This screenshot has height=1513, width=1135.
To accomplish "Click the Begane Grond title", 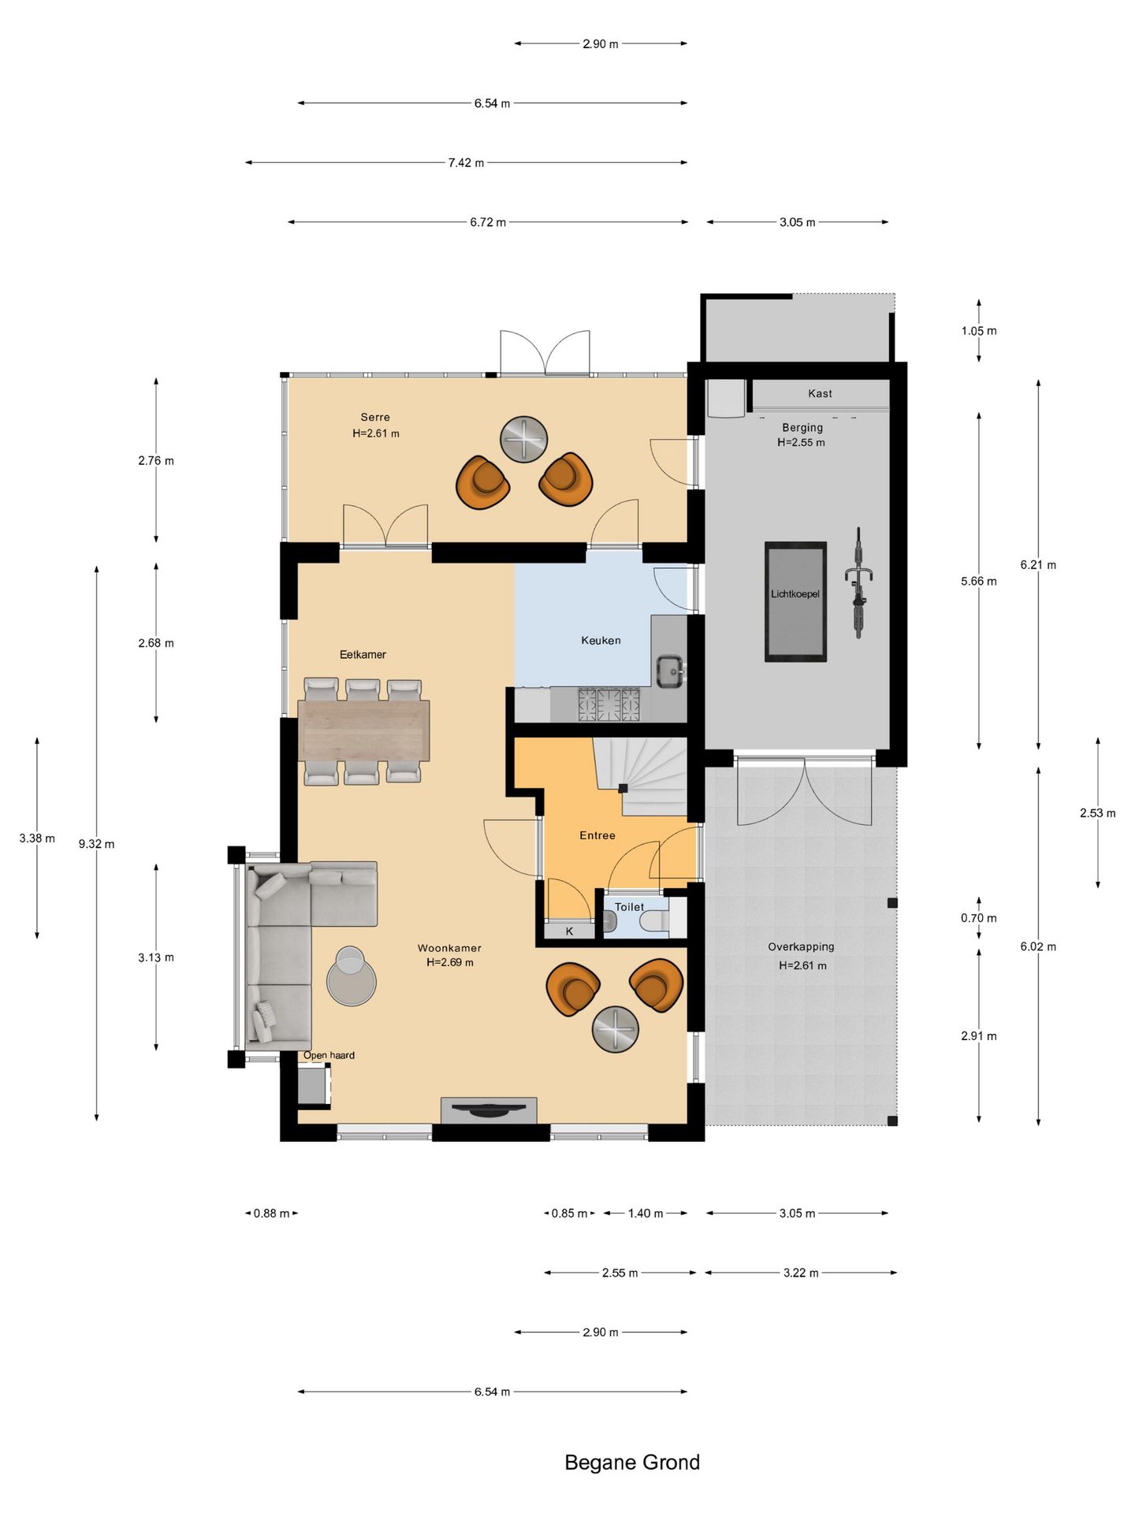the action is (x=632, y=1463).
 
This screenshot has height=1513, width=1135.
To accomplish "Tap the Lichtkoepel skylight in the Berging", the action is (x=795, y=601).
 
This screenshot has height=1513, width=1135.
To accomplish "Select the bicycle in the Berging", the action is (x=859, y=582).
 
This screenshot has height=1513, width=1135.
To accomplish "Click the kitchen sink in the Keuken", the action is (x=671, y=671).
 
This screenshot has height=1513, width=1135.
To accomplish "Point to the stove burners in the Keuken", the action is (x=608, y=704).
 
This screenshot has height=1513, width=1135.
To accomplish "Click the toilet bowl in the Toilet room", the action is (x=654, y=921).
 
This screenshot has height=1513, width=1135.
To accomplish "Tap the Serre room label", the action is (x=375, y=417).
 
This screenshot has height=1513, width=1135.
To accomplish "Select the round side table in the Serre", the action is (x=523, y=439).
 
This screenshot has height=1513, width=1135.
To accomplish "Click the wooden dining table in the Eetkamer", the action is (x=363, y=730).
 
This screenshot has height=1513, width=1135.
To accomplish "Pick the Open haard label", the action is (x=329, y=1055).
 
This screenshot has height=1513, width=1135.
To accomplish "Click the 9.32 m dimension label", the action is (x=96, y=844).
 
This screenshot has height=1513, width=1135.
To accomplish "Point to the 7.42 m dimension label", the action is (x=466, y=162).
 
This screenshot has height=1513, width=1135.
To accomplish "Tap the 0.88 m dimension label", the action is (x=272, y=1213).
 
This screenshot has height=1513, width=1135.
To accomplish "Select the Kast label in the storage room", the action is (x=820, y=393).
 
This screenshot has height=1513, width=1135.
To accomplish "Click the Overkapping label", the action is (x=801, y=946).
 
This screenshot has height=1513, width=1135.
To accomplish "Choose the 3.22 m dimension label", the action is (x=801, y=1273).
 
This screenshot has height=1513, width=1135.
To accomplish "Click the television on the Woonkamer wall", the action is (x=489, y=1110).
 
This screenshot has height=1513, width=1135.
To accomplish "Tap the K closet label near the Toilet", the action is (x=569, y=931).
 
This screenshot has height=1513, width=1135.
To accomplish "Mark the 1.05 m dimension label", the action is (x=979, y=331).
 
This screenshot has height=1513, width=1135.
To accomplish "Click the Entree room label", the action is (x=597, y=835).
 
